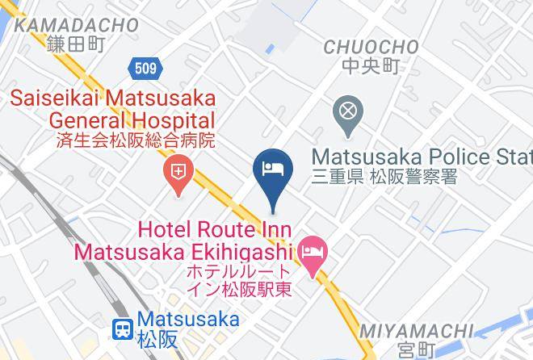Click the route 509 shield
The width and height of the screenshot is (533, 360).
pos(146,69)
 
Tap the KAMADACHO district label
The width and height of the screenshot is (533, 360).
pos(77,26)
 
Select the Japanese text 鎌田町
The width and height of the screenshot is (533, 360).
pos(77,45)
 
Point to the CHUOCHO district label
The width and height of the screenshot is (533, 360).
pos(371,47)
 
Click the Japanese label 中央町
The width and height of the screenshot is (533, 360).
pos(371,66)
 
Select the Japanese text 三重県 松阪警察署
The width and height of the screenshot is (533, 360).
pos(384,175)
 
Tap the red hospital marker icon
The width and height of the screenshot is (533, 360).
pos(176,171)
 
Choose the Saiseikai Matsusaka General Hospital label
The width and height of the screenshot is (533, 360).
pos(112,110)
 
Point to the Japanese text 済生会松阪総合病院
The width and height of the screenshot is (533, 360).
pos(136,140)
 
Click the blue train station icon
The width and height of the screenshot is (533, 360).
pos(123,328)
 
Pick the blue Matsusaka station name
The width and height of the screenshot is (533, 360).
pos(188,320)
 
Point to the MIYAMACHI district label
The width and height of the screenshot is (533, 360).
pos(416,331)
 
